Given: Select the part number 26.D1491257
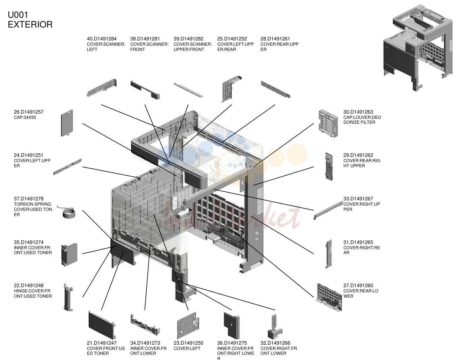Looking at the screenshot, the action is [29, 112].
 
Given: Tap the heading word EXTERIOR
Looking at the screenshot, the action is [30, 25].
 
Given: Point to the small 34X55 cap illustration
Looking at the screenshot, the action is [67, 123].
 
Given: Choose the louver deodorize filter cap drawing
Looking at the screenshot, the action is [328, 123].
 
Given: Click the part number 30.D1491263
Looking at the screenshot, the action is [358, 112].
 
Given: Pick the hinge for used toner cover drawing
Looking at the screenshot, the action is [68, 297].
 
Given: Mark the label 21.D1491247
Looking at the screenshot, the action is [102, 343].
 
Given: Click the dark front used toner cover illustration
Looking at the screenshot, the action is [102, 325].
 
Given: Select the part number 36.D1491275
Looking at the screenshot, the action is [232, 343].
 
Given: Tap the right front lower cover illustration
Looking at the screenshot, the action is [275, 327].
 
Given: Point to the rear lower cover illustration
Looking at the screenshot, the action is [329, 297].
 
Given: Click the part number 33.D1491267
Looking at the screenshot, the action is [358, 199].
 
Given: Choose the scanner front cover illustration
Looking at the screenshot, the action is [145, 90].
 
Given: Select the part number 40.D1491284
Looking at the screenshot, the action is [102, 39].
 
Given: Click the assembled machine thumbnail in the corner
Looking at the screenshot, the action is [418, 48].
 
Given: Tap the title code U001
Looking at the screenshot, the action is [18, 15].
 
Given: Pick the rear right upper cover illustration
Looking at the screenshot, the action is [329, 167].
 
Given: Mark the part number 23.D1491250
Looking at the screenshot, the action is [188, 343].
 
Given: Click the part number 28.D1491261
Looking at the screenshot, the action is [275, 39].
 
